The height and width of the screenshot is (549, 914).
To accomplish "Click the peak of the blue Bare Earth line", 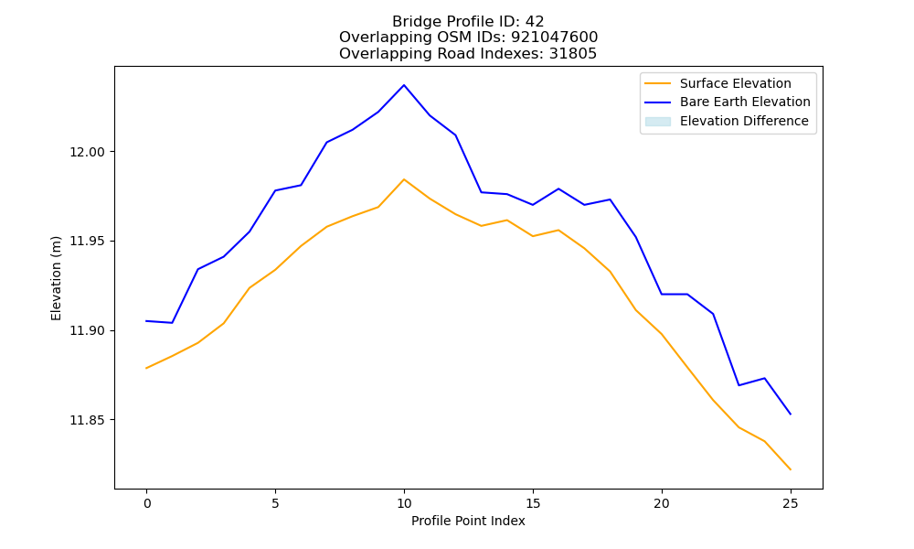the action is coord(404,85).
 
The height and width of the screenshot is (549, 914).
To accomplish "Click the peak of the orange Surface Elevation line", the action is coord(404,179).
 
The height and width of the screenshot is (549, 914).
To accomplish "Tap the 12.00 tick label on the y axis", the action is coord(87,152).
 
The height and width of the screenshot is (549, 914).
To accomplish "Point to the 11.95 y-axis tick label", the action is coord(87,242).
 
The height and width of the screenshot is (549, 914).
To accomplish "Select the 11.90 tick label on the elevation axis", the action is coord(87,331).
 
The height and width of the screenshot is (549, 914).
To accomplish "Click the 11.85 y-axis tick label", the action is coord(87,420).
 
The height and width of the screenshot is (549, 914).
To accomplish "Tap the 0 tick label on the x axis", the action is coord(147,503).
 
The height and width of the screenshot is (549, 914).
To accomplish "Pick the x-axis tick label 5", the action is coord(275,503).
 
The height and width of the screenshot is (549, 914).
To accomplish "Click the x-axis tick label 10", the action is coord(404,503).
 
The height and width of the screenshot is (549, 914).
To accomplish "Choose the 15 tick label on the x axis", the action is coord(533,503).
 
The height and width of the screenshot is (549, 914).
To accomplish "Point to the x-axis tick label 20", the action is coord(662,503).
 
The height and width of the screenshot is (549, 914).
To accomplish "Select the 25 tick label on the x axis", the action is coord(791,503).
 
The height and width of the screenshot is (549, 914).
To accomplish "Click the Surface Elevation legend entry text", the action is coord(736,83).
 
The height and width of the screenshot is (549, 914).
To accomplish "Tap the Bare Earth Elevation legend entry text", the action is coord(745,102).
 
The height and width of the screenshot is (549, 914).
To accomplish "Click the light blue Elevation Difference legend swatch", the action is coord(657,122).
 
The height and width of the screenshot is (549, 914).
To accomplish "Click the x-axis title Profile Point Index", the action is coord(468,521).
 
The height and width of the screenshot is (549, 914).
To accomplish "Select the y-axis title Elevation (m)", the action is coord(56,278).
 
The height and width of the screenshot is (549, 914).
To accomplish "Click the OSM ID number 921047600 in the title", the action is coord(555,38).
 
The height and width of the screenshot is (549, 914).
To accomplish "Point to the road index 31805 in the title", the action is coord(573,54).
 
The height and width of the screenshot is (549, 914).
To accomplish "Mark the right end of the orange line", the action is coord(791,469).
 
